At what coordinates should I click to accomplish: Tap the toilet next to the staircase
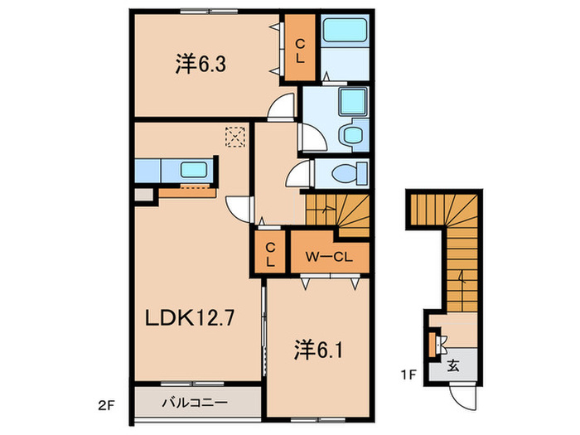pos(347,173)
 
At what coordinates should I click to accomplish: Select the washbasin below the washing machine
pos(351,135)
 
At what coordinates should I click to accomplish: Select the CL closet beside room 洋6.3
pos(300,50)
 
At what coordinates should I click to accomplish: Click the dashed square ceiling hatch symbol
pos(237,136)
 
